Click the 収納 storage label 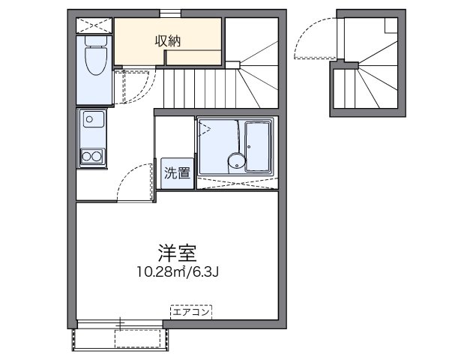(x=168, y=40)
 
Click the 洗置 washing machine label (x=178, y=172)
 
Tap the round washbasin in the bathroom (x=236, y=160)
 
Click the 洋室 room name (x=178, y=251)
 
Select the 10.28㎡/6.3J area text (x=177, y=271)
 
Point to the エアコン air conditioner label (x=192, y=309)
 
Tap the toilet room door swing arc (x=129, y=87)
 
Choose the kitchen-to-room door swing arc (x=135, y=185)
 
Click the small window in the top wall (x=169, y=12)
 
